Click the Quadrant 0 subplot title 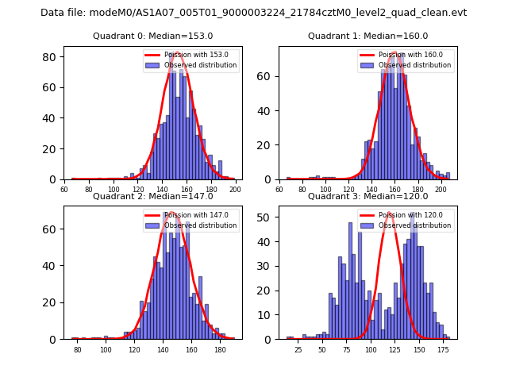[x=152, y=36]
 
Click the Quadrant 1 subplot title [x=368, y=36]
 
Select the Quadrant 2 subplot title [x=152, y=196]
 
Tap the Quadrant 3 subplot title [x=368, y=196]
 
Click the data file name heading [x=254, y=13]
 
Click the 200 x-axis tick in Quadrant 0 [x=235, y=190]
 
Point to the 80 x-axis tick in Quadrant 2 [x=78, y=350]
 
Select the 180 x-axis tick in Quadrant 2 [x=216, y=350]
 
